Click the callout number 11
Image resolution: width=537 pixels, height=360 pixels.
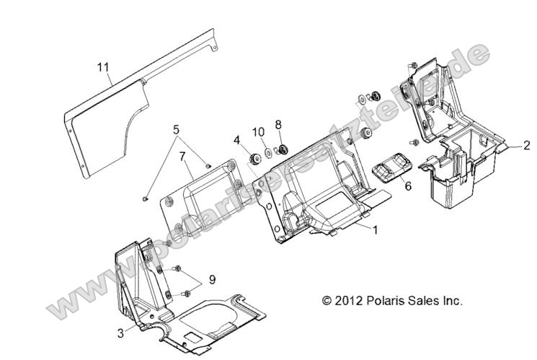[104, 68]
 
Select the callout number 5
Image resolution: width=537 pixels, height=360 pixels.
[174, 131]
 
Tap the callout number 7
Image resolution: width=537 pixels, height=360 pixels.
[182, 157]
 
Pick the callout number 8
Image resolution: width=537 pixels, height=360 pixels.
[278, 124]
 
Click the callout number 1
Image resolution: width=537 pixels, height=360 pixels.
[374, 228]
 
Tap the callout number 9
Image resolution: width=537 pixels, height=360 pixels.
[211, 279]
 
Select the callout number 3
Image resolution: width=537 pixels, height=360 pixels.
[120, 333]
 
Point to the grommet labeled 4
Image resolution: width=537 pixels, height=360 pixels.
[254, 159]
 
